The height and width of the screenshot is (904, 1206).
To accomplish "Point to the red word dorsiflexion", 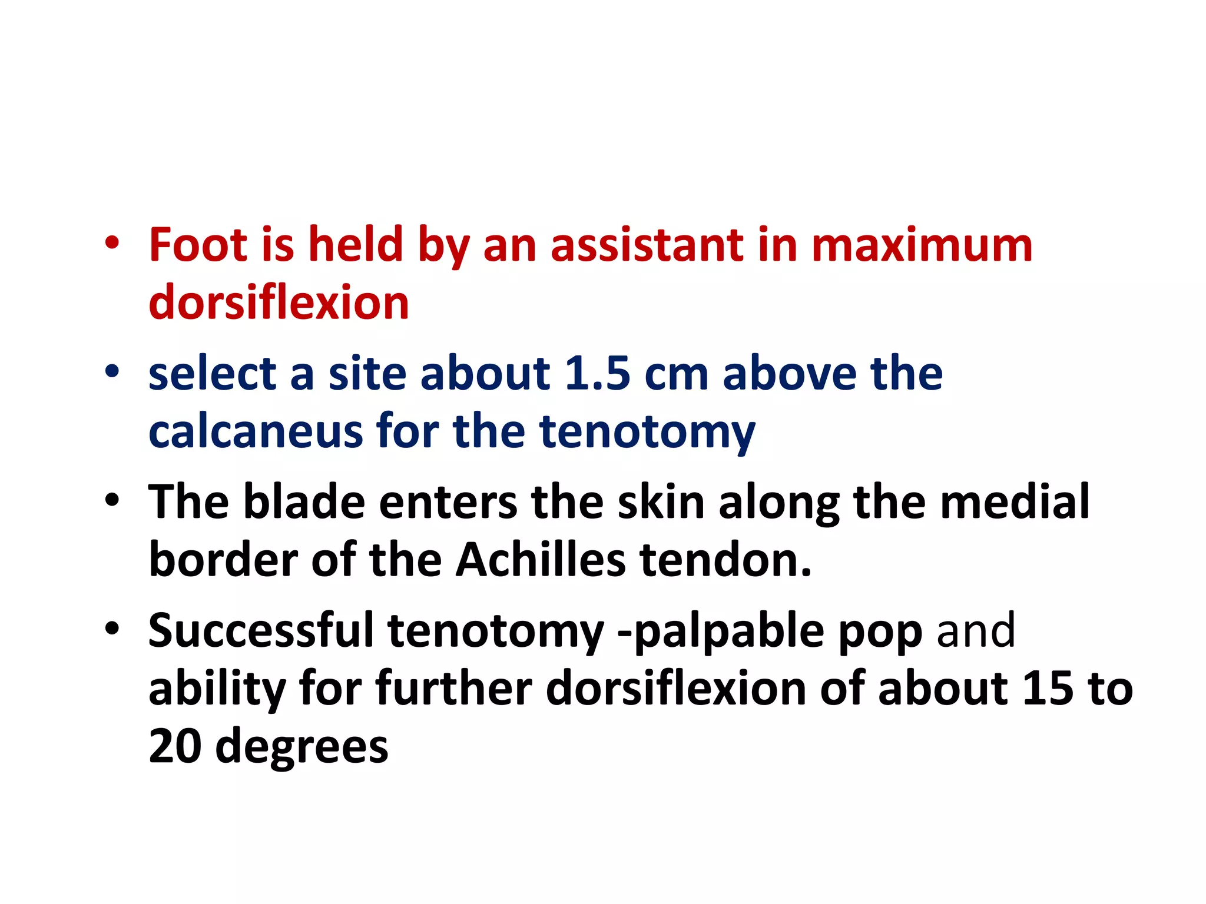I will pos(279,302).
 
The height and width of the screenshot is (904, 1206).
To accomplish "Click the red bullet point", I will pos(112,242).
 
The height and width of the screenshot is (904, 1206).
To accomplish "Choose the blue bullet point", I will pos(112,372).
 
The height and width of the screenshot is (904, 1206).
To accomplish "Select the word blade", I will pos(304,501).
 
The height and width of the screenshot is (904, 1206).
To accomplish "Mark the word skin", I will pos(661,501).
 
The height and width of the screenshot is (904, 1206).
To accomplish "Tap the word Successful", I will pos(261,630).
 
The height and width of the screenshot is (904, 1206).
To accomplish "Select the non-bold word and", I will pos(976,630).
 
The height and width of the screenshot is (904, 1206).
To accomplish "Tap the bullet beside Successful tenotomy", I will pos(112,629).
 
